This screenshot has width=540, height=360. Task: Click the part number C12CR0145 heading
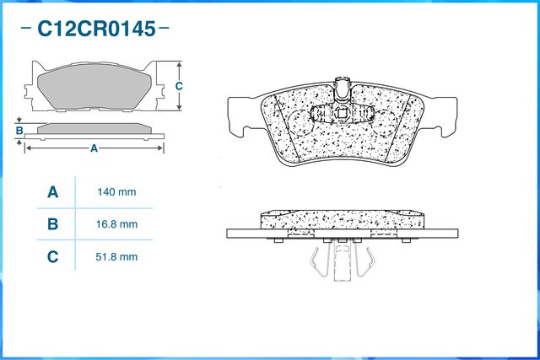click(x=96, y=29)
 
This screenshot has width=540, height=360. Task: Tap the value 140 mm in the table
click(x=116, y=192)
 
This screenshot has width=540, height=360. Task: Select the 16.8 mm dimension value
click(x=116, y=224)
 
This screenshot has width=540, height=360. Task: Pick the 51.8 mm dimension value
click(x=116, y=257)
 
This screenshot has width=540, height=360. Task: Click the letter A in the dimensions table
click(x=52, y=192)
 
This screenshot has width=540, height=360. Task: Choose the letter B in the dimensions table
click(x=52, y=224)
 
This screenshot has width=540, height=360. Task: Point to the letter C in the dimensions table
click(x=52, y=257)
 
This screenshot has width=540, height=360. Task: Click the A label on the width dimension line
click(x=94, y=148)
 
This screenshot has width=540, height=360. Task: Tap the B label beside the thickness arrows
click(x=19, y=131)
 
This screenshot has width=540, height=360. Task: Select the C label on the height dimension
click(x=179, y=86)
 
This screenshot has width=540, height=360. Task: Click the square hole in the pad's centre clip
click(x=343, y=112)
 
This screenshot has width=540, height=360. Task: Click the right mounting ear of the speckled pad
click(x=442, y=116)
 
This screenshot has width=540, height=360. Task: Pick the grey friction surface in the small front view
click(x=94, y=86)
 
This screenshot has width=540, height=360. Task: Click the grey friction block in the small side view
click(x=94, y=128)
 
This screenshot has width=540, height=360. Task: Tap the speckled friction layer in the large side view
click(x=343, y=219)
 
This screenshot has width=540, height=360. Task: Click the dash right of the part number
click(x=163, y=27)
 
